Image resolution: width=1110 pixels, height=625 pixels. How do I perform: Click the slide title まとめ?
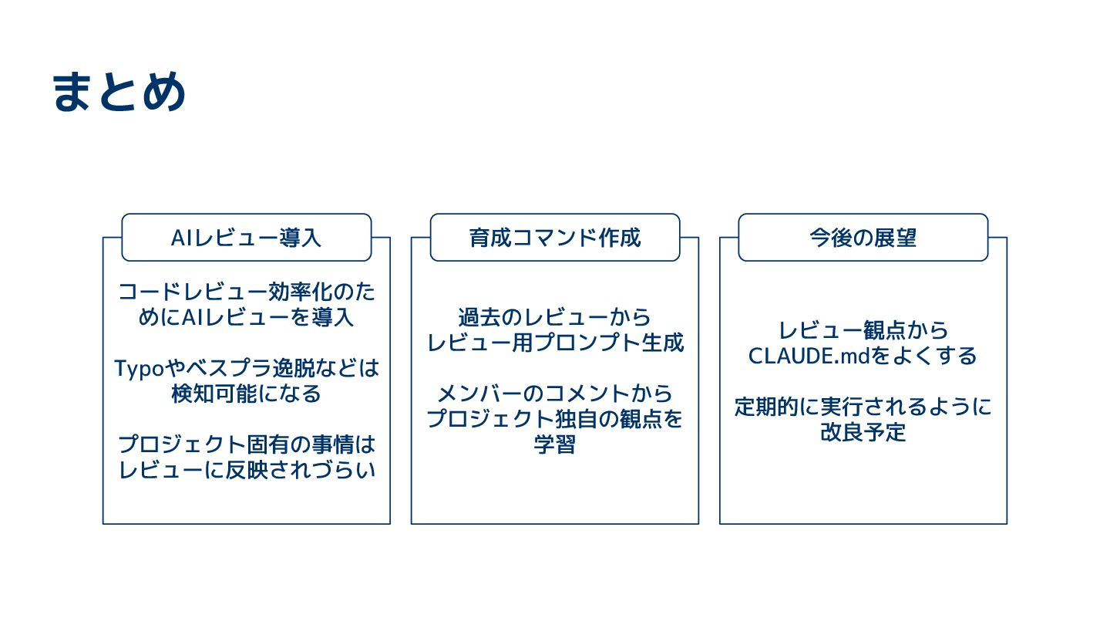click(x=119, y=93)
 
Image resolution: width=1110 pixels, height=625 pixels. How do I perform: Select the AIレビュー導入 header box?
click(x=247, y=238)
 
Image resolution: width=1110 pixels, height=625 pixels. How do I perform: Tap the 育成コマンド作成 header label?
click(x=555, y=238)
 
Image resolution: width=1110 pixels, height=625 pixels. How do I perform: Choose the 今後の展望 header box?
click(x=863, y=238)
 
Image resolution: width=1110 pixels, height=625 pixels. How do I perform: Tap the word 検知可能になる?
click(x=247, y=394)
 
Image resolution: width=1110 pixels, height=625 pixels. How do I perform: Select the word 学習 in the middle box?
click(x=555, y=445)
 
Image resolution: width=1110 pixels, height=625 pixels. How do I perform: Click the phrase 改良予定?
click(x=863, y=432)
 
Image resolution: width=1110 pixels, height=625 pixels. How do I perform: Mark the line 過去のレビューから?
click(x=555, y=317)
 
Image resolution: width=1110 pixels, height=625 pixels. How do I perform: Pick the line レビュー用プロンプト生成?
click(x=555, y=343)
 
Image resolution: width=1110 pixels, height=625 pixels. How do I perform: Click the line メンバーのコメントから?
click(x=555, y=394)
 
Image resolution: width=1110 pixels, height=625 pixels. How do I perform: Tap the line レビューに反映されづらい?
click(x=247, y=469)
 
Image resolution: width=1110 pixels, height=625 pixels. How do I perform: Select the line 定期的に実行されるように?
click(x=863, y=407)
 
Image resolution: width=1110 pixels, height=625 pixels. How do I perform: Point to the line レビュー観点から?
click(x=863, y=330)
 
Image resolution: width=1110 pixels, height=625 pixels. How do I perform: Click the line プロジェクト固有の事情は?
click(x=247, y=444)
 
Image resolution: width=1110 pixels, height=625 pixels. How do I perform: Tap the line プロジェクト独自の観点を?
click(x=555, y=420)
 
